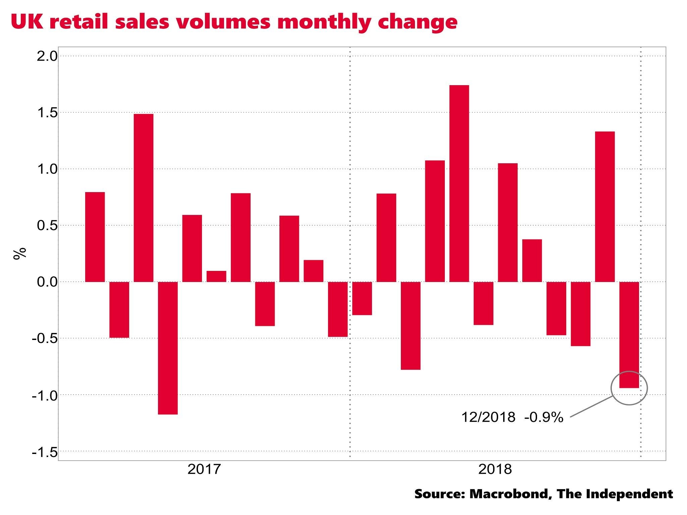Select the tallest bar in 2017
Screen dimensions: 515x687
(144, 197)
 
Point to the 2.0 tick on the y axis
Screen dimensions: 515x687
(47, 56)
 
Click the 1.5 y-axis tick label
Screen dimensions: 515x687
(47, 113)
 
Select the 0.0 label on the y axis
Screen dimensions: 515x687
(47, 282)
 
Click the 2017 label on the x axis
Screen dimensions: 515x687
(204, 469)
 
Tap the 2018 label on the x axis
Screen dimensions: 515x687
(495, 469)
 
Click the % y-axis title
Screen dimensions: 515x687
(19, 253)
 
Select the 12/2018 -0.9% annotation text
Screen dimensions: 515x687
(512, 417)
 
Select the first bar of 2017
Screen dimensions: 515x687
(95, 237)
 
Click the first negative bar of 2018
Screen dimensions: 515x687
(362, 298)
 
